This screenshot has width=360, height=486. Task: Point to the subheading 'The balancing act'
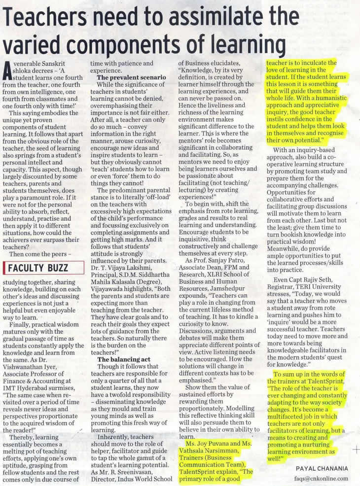(x=124, y=359)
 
